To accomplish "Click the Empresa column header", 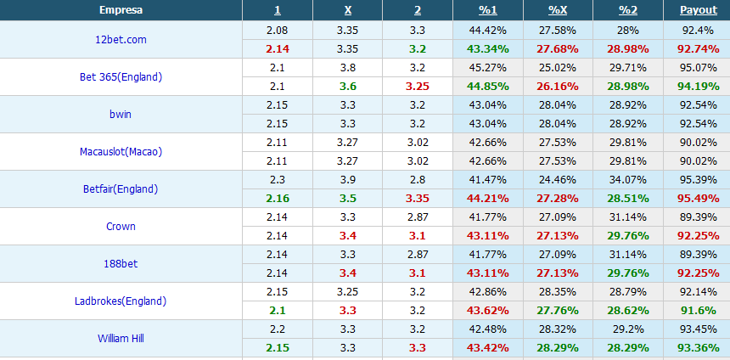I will click(x=121, y=10).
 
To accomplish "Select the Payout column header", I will click(x=697, y=10).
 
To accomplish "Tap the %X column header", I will click(x=558, y=10).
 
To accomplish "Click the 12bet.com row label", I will click(x=121, y=40).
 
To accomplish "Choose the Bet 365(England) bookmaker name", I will click(x=121, y=77).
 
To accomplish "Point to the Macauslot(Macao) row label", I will click(x=121, y=152).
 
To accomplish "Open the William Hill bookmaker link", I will click(x=121, y=339).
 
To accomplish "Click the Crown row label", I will click(x=121, y=227).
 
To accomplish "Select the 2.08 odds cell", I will click(x=277, y=31).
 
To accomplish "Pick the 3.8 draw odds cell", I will click(x=348, y=68).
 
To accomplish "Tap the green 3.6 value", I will click(x=348, y=87).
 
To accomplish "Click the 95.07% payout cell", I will click(x=697, y=68).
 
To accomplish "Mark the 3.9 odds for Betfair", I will click(x=348, y=180).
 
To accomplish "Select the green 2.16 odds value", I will click(x=277, y=199).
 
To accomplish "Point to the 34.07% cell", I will click(x=628, y=180).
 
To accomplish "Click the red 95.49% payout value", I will click(x=697, y=199).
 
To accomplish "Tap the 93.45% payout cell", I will click(x=697, y=329).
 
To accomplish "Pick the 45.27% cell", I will click(x=487, y=68).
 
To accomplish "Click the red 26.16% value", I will click(x=558, y=87).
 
